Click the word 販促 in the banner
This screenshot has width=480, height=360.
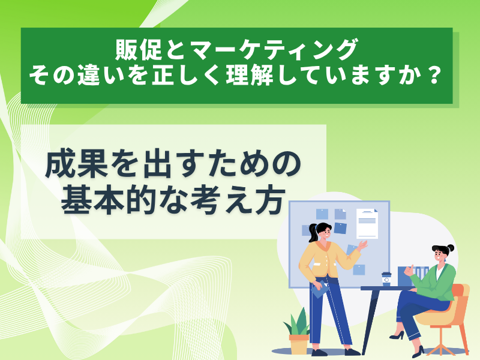pyautogui.click(x=139, y=50)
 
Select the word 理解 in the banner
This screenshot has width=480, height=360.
pyautogui.click(x=250, y=76)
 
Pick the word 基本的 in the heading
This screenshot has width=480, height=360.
pyautogui.click(x=110, y=200)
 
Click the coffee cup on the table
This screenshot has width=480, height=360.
pyautogui.click(x=386, y=279)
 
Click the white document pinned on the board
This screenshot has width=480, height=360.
pyautogui.click(x=367, y=223)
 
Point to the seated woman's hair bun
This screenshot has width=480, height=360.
pyautogui.click(x=451, y=248)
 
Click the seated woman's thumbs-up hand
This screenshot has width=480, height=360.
pyautogui.click(x=408, y=271)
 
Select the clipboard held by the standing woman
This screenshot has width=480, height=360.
pyautogui.click(x=320, y=289)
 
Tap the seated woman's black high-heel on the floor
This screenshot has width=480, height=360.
pyautogui.click(x=397, y=335)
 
